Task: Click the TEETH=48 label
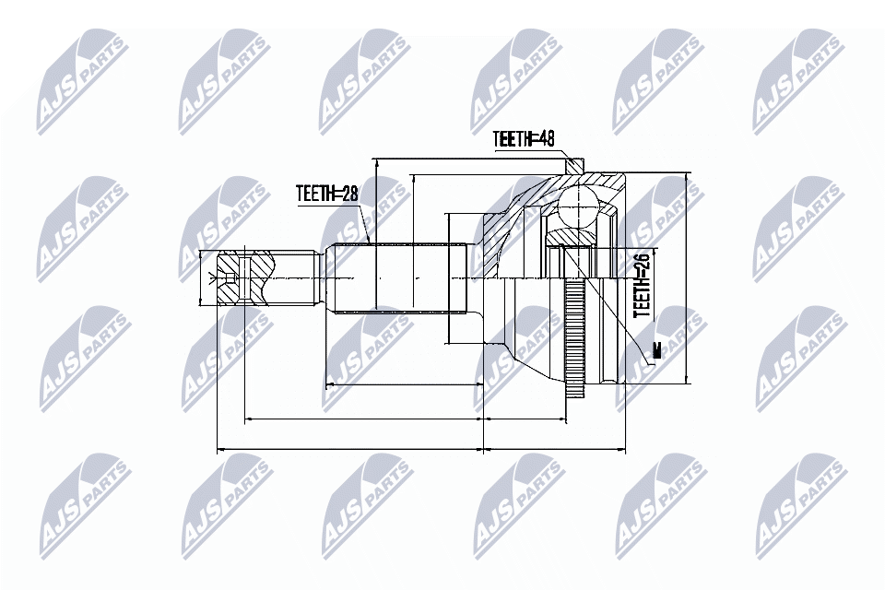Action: tap(523, 139)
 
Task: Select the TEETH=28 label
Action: tap(325, 194)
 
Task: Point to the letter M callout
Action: tap(656, 350)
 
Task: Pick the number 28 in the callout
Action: tap(347, 194)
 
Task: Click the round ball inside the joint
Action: tap(579, 205)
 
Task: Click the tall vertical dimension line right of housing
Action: tap(689, 277)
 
